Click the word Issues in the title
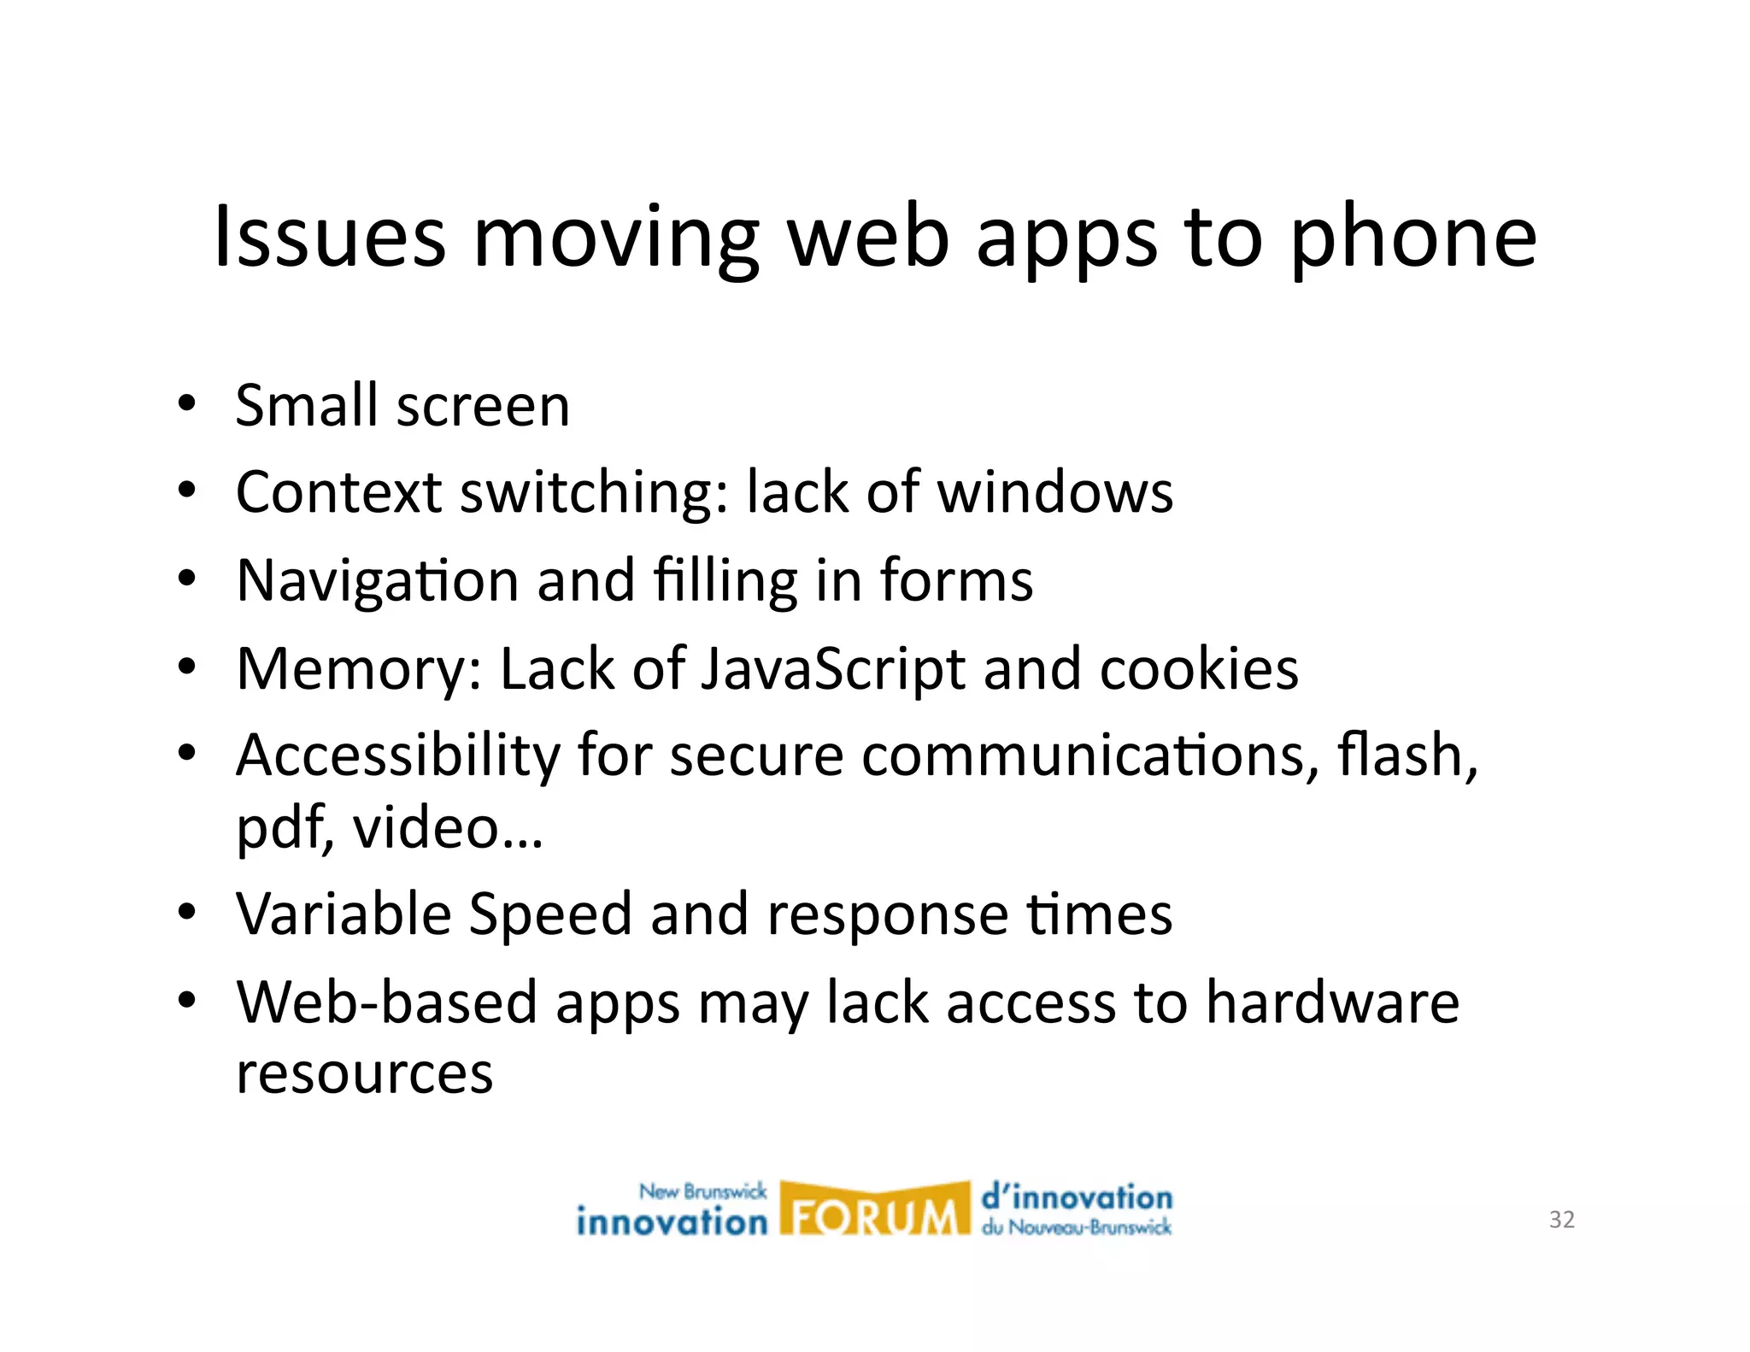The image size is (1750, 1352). (329, 237)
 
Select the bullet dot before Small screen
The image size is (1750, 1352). (186, 403)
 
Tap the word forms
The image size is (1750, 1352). (956, 580)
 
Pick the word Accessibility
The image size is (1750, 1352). (397, 756)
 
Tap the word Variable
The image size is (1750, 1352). (344, 914)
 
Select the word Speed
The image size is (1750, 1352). (550, 914)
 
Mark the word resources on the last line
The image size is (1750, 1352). (365, 1073)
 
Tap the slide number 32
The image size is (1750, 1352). (1561, 1220)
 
